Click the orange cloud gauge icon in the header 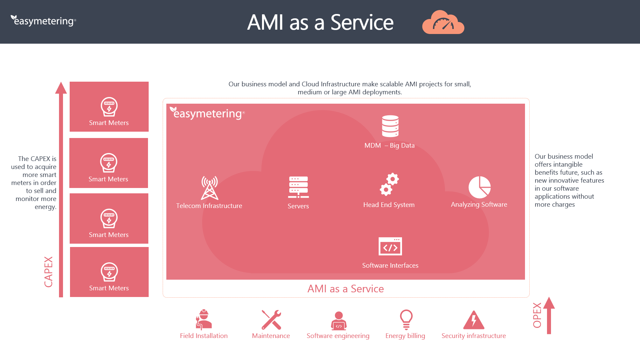click(x=443, y=23)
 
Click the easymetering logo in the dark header click(x=43, y=21)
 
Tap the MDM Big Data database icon click(x=390, y=126)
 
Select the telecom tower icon click(x=209, y=188)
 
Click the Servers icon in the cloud click(x=298, y=187)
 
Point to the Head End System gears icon click(x=389, y=184)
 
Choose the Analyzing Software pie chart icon click(x=479, y=187)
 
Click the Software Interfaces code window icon click(x=390, y=246)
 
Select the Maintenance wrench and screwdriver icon click(x=271, y=320)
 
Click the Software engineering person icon click(x=338, y=320)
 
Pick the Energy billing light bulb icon click(x=406, y=319)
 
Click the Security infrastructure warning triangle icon click(x=474, y=320)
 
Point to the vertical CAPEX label click(x=49, y=272)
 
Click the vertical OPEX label click(x=537, y=315)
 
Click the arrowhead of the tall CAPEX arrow click(x=61, y=88)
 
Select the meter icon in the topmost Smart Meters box click(x=109, y=107)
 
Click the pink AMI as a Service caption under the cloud click(x=345, y=289)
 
